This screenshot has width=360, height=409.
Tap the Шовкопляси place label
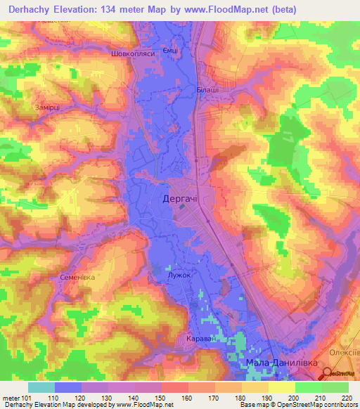pos(133,53)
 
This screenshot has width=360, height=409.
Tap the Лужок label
pos(179,275)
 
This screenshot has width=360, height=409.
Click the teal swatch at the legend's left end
pos(41,387)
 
